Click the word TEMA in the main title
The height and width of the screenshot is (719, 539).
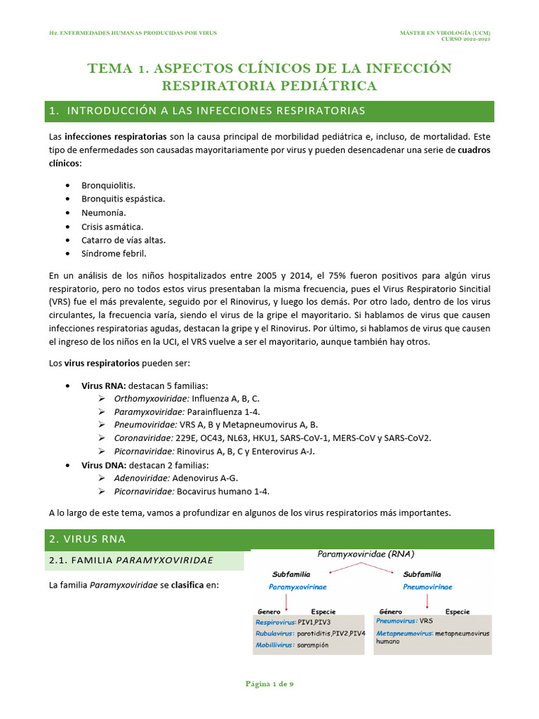[109, 68]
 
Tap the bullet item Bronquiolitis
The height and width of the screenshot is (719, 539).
[109, 185]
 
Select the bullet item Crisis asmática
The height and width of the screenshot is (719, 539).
[112, 227]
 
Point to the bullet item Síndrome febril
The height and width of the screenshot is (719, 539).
[114, 253]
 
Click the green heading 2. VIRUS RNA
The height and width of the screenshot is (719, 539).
[87, 539]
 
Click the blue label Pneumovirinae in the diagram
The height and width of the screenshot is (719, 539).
[427, 587]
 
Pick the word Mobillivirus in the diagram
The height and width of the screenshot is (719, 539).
[274, 645]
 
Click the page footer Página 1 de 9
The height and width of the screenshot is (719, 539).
[269, 683]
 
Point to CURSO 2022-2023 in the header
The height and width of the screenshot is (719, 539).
[465, 39]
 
